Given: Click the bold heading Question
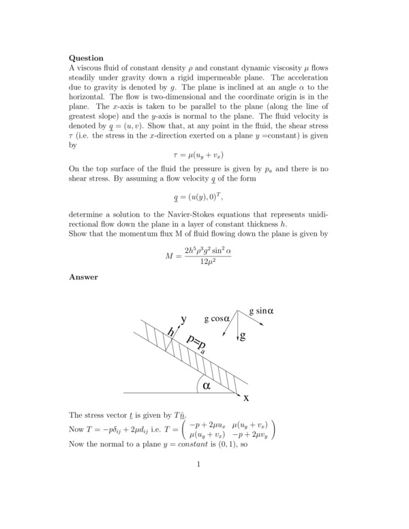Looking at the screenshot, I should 87,59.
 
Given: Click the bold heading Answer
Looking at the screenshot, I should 84,277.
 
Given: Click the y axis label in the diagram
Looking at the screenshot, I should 183,319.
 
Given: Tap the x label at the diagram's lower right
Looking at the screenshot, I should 246,397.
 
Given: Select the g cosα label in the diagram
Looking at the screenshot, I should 218,318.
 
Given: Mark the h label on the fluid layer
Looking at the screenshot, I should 170,332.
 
